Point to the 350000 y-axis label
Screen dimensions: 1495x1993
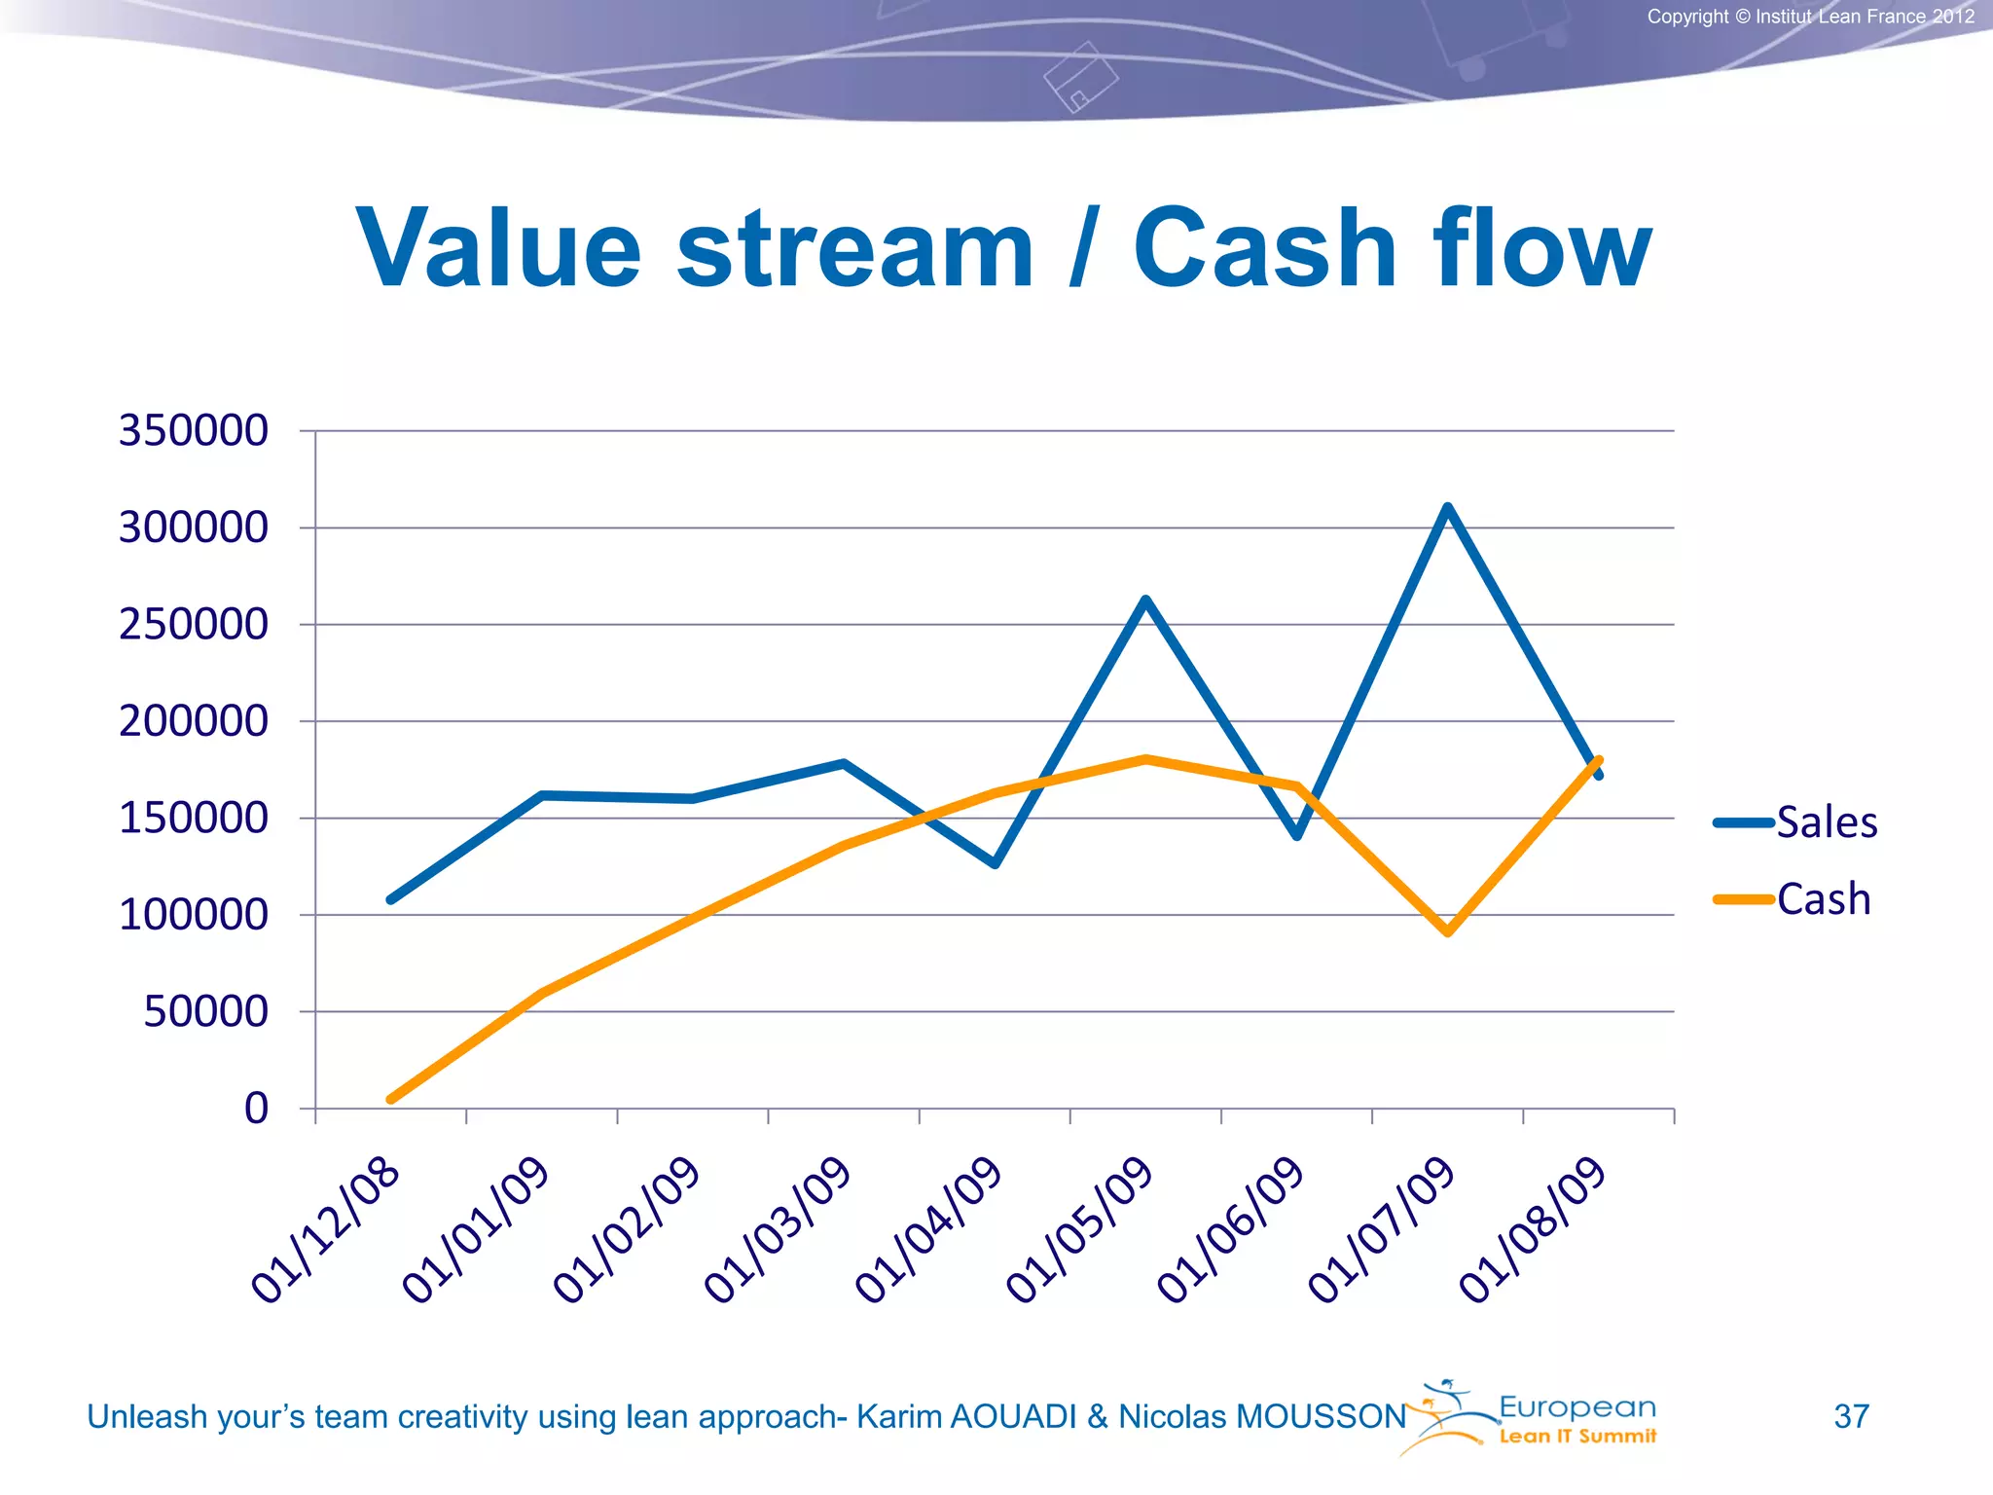pos(193,430)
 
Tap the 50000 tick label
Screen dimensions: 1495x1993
pos(205,1011)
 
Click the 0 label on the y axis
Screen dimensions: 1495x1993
pos(256,1109)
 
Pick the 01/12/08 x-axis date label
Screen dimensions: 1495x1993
pos(325,1230)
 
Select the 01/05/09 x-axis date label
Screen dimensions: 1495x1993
pos(1079,1230)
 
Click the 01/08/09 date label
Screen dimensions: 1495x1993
pos(1532,1230)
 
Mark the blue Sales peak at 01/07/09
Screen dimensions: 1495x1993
pos(1448,507)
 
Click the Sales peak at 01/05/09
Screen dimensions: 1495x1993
pos(1146,600)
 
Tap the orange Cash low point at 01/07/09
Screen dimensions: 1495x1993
pos(1448,931)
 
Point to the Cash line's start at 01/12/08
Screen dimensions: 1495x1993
pos(391,1099)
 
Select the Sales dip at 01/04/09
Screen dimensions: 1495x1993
pos(995,863)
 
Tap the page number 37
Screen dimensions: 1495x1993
pos(1851,1416)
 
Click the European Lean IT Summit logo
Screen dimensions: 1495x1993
pos(1538,1417)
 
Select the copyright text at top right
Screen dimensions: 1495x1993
pos(1810,17)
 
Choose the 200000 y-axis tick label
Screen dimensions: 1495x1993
pos(193,721)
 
